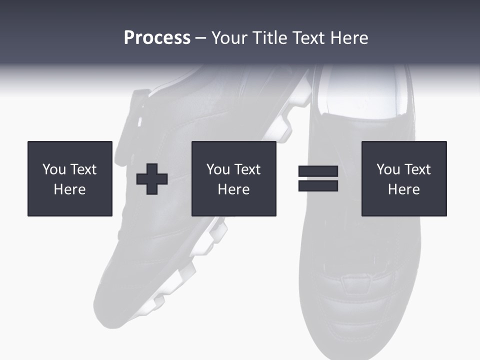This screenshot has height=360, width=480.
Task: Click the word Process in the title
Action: point(157,38)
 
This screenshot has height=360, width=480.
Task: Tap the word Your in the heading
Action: point(229,38)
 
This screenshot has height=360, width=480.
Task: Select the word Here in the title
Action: point(348,38)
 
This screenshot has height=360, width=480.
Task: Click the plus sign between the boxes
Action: point(152,178)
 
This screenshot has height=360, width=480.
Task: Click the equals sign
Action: point(318,178)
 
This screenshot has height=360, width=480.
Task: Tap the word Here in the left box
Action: point(70,189)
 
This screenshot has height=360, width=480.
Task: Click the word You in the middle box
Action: point(218,169)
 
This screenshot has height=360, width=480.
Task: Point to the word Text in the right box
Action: point(417,169)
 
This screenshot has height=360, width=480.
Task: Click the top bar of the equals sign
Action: point(318,171)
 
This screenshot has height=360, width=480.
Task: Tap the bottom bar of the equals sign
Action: point(318,185)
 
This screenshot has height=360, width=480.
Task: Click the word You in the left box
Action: point(54,169)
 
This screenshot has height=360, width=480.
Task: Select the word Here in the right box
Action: point(404,189)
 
